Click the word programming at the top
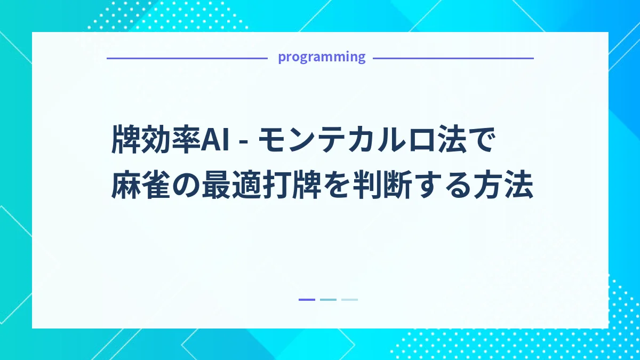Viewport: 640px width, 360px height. point(322,57)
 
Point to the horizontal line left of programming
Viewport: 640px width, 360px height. point(187,58)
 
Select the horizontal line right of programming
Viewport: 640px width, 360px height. point(453,58)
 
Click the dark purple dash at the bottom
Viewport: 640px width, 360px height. point(307,300)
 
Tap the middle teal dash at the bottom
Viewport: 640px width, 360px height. point(328,300)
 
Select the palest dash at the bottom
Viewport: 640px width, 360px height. point(349,300)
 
